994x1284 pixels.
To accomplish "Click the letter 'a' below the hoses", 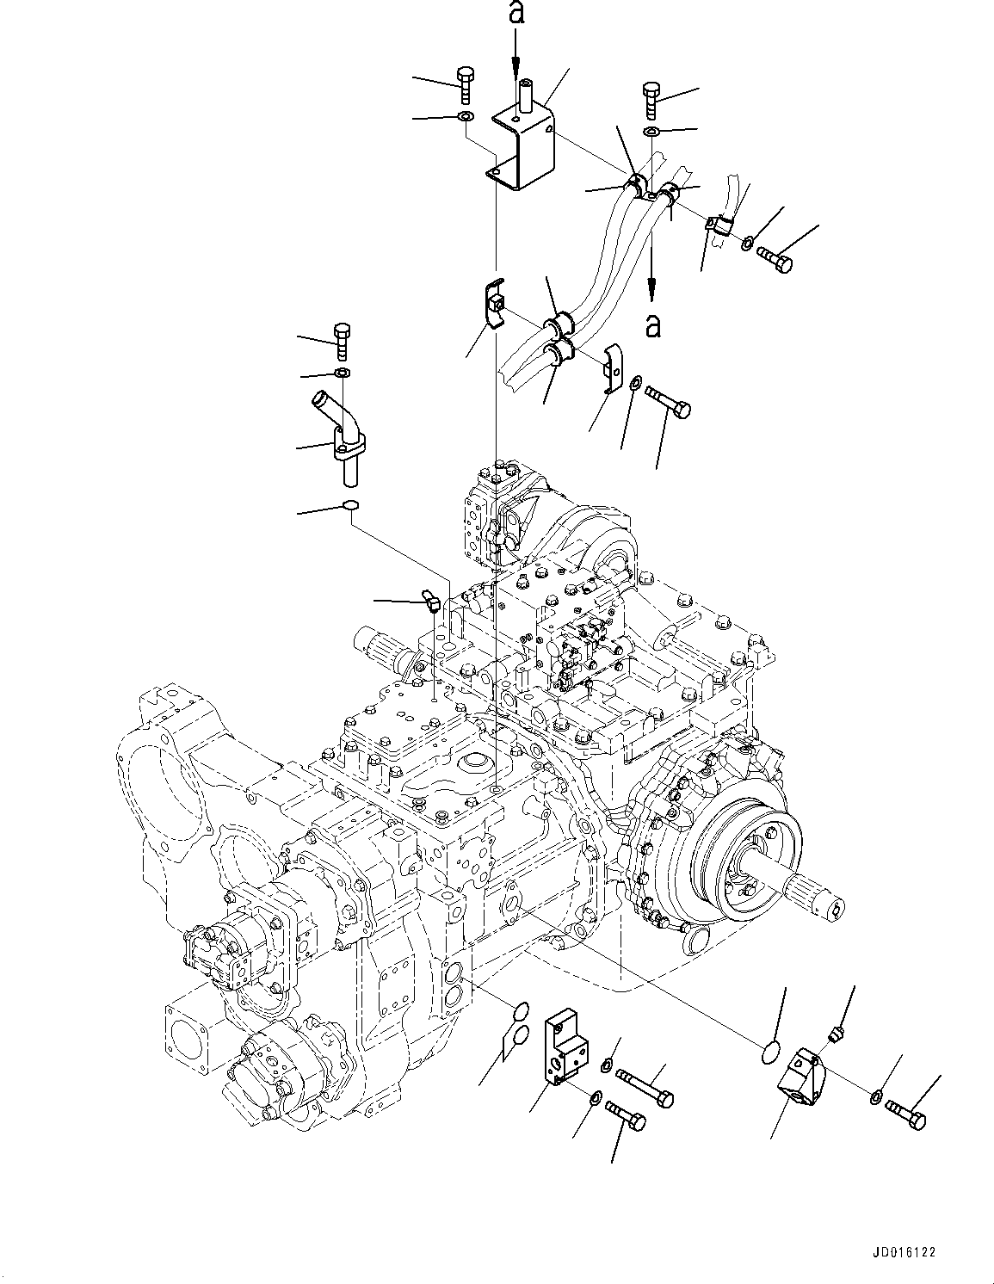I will [x=654, y=325].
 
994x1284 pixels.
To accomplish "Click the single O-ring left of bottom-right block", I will [x=774, y=1052].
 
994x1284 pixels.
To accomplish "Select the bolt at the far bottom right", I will [x=905, y=1115].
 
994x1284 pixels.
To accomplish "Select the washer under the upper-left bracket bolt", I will [x=465, y=117].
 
